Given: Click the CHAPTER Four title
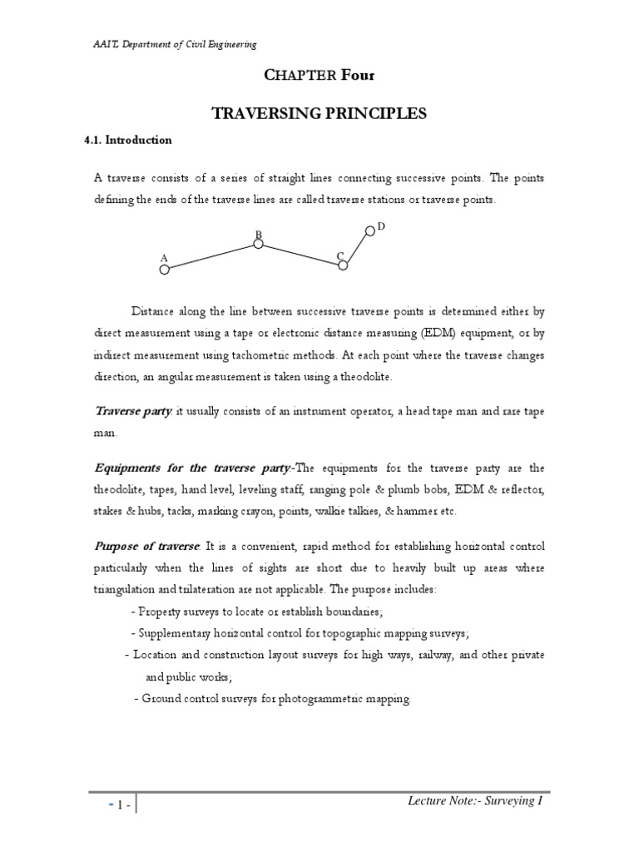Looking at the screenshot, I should pyautogui.click(x=319, y=77).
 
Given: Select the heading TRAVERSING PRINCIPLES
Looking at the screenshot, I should pyautogui.click(x=319, y=113).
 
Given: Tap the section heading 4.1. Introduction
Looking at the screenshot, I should pyautogui.click(x=128, y=140).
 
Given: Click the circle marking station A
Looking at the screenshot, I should pyautogui.click(x=165, y=269).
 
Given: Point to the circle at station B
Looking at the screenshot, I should pyautogui.click(x=258, y=245).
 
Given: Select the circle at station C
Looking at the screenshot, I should pyautogui.click(x=343, y=265).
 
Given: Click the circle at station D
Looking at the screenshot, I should pyautogui.click(x=370, y=230).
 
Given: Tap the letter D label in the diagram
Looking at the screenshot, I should pyautogui.click(x=381, y=226).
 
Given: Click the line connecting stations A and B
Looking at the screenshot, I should pyautogui.click(x=211, y=256).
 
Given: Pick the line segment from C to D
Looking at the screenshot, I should pyautogui.click(x=357, y=247).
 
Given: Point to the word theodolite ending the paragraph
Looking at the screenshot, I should pyautogui.click(x=360, y=378).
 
